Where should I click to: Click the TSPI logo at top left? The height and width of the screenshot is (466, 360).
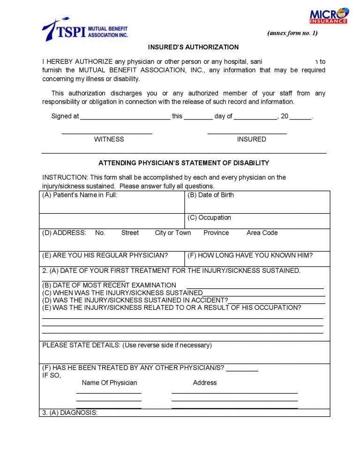[84, 30]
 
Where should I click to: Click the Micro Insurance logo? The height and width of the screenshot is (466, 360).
[329, 15]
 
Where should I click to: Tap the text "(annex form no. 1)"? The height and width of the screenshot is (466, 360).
[292, 33]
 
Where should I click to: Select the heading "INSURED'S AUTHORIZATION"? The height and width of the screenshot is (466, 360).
[193, 47]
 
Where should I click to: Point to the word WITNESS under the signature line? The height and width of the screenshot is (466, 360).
[109, 139]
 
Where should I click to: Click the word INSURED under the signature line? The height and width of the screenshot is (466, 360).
[251, 139]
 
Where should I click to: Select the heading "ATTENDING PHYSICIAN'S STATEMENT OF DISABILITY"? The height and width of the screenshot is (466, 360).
[184, 163]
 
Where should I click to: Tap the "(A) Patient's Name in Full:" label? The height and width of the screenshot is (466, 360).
[80, 195]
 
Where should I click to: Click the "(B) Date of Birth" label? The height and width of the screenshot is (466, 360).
[210, 195]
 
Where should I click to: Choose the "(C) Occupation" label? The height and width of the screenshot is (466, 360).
[209, 218]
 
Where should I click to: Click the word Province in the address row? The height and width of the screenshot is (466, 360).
[216, 233]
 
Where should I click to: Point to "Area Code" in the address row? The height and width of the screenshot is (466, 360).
[262, 233]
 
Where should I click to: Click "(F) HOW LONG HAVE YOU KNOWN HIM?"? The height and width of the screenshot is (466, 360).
[250, 256]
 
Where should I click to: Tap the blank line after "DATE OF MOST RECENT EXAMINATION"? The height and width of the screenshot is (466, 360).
[255, 286]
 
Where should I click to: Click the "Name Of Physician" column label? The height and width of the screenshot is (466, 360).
[109, 383]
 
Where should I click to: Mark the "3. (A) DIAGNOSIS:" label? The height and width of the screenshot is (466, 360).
[70, 413]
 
